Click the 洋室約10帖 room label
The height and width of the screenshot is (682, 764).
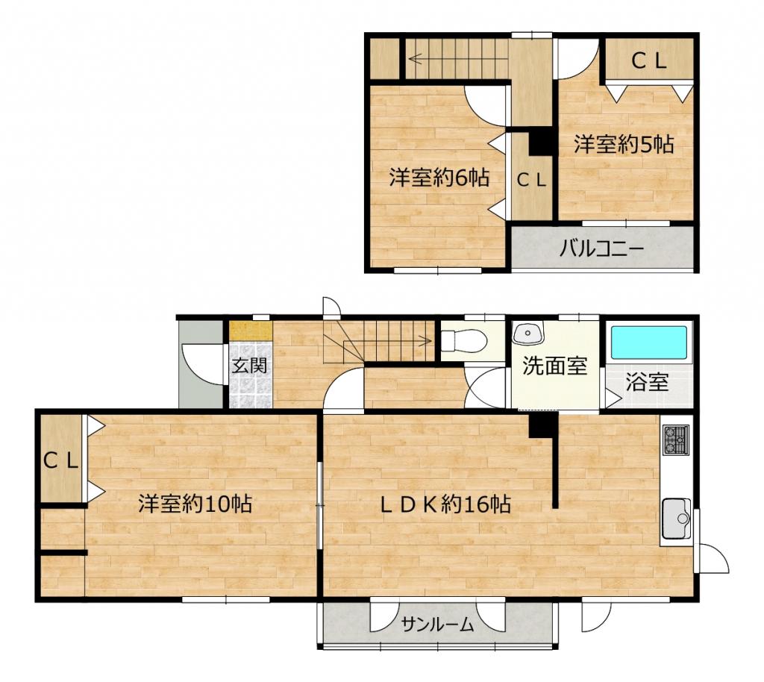pos(195,504)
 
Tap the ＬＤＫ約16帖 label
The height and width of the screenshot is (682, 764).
pos(445,504)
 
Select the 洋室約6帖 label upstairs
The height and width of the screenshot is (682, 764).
pos(439,178)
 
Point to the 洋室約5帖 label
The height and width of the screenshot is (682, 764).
pos(624,145)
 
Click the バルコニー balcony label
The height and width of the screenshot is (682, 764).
pos(601,249)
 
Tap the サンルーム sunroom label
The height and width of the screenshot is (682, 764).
pos(437,624)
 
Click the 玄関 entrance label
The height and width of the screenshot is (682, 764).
pos(249,365)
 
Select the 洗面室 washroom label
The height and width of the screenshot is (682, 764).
pos(554,366)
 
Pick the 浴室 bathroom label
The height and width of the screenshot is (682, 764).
pos(647,382)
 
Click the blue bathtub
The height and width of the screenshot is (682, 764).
pos(649,343)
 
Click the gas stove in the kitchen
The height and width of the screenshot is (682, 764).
pos(675,440)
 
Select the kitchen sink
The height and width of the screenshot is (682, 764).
pos(676,519)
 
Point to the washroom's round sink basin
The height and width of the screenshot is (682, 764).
pos(528,333)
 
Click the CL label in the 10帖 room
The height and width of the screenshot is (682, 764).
pos(61,460)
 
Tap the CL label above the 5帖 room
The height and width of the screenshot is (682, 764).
pos(648,61)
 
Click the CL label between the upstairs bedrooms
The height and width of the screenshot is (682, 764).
pos(531,181)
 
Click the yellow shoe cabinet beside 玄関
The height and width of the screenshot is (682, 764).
pos(251,331)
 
